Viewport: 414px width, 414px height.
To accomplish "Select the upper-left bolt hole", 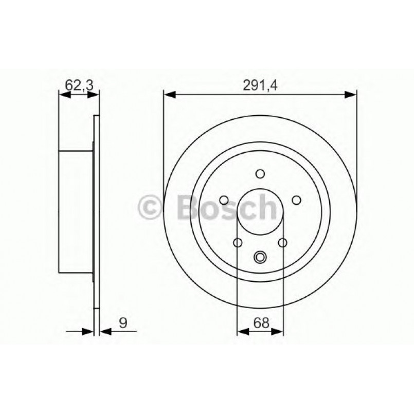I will point(224,200).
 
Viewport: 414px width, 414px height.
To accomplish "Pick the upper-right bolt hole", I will point(296,200).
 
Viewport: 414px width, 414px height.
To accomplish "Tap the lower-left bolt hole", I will point(238,242).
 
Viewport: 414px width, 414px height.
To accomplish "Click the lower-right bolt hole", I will point(282,242).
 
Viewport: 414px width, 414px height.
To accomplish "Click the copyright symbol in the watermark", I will point(151,207).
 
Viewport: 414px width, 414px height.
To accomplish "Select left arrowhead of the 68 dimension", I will point(242,332).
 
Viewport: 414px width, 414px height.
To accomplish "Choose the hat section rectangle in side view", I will point(77,211).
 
